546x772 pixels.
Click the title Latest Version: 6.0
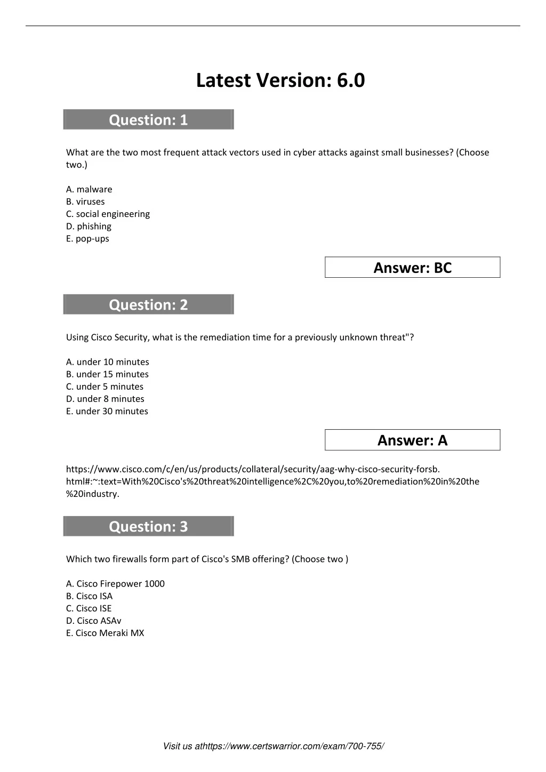280,81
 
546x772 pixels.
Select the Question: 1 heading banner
148,120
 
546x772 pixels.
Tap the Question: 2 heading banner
148,304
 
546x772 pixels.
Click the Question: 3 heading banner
148,526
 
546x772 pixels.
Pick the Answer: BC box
412,268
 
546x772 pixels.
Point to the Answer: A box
412,440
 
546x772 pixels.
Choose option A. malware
89,189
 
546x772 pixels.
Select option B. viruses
85,202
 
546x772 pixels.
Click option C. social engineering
108,214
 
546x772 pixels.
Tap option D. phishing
89,226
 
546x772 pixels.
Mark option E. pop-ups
87,238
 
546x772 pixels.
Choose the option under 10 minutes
108,362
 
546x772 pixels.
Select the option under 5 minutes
105,387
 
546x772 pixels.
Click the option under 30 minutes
107,411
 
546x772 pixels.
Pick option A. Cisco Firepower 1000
115,584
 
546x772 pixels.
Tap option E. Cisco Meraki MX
105,633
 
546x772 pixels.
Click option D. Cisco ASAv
94,621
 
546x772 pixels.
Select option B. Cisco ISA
90,596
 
